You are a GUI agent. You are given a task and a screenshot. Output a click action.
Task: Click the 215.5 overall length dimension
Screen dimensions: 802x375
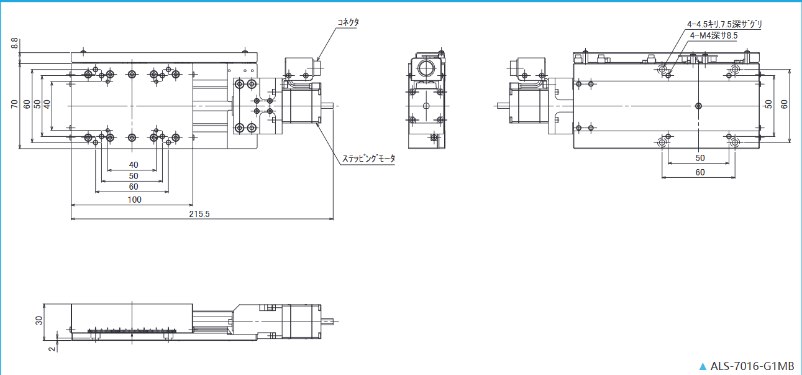pos(199,214)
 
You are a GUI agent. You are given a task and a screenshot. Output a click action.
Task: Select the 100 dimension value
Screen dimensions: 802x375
pos(135,200)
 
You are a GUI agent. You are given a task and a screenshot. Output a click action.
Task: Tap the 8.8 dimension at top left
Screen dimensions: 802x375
pos(14,44)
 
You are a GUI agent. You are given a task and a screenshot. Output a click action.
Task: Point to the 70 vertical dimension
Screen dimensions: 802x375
pos(14,104)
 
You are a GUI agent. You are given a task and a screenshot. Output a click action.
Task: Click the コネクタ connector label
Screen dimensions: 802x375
pos(348,22)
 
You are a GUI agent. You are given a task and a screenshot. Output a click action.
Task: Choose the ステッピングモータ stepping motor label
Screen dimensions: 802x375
pos(369,158)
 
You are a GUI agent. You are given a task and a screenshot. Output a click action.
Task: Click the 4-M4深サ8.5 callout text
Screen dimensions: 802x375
pos(714,35)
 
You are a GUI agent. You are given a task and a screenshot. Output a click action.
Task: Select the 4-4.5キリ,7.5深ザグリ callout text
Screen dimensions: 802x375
pos(724,24)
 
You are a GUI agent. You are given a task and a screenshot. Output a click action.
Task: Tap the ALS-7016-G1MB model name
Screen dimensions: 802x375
pos(752,366)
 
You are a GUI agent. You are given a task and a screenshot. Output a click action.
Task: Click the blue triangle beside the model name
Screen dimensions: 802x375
pos(703,366)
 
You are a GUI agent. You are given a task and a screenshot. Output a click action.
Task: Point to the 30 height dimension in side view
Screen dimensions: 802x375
pos(39,320)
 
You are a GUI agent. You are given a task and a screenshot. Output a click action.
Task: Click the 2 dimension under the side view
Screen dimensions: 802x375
pos(52,349)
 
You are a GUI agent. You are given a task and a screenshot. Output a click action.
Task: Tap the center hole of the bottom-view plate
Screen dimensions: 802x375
pos(698,106)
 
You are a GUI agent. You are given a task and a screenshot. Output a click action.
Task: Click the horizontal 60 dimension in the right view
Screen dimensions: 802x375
pos(700,172)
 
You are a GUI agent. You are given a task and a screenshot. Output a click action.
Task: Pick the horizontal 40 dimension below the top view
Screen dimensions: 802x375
pos(134,165)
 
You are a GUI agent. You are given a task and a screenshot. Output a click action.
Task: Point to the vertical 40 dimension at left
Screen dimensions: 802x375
pos(47,104)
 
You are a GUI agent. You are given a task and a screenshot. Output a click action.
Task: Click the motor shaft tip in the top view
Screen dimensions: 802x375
pos(332,106)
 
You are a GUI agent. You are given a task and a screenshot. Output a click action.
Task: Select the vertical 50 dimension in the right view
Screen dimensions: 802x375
pos(768,104)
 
